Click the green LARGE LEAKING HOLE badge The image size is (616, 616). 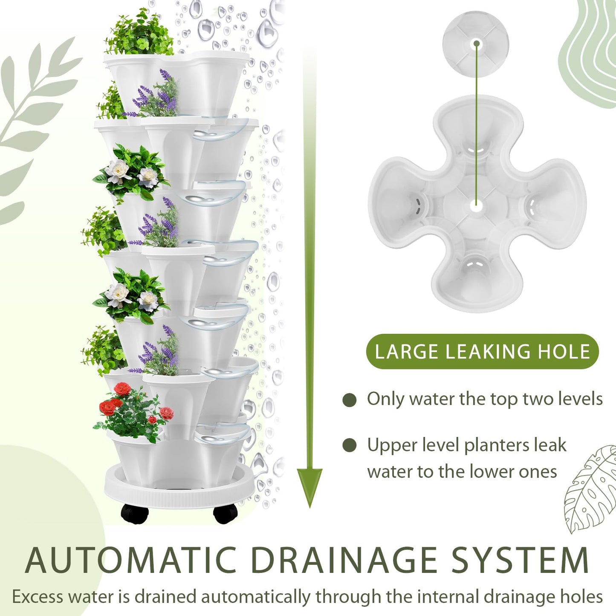click(482, 352)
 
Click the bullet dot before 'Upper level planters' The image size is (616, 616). click(350, 445)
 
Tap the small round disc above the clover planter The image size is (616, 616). click(476, 43)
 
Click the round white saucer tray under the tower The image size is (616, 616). click(179, 490)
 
